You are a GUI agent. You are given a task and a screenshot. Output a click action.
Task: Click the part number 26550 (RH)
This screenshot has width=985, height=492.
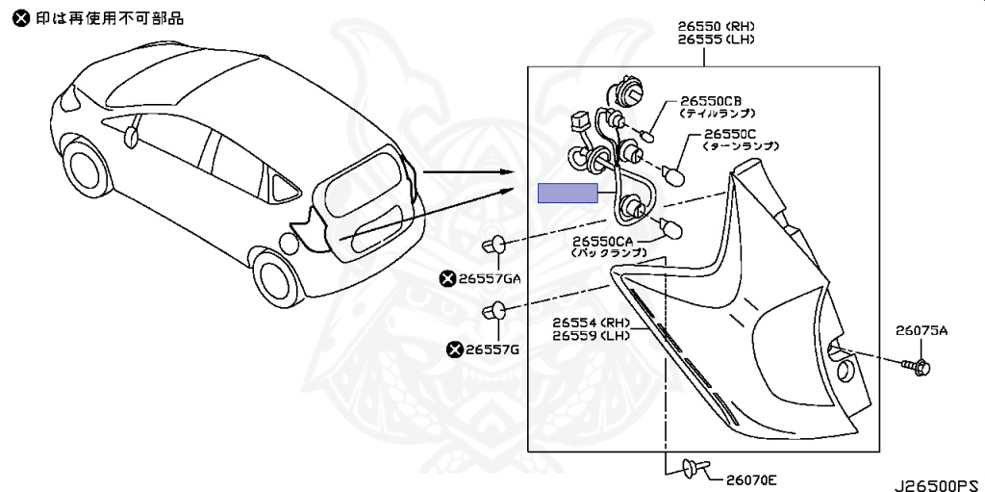[716, 26]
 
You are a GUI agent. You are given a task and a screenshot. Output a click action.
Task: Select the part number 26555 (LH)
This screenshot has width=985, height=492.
[716, 40]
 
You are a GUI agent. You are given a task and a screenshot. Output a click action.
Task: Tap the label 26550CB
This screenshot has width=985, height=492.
[711, 100]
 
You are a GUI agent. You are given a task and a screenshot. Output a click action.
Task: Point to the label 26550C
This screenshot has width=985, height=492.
[731, 134]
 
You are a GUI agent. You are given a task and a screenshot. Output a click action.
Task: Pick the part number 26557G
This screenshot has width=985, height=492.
[492, 350]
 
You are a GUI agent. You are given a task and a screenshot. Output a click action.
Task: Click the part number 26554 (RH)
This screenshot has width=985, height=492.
[591, 322]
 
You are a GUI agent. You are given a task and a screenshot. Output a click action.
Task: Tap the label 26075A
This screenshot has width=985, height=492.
[922, 330]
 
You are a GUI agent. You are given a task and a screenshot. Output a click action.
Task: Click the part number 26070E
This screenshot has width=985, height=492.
[751, 479]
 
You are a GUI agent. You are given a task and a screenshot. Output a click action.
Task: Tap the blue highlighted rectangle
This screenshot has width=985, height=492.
[568, 193]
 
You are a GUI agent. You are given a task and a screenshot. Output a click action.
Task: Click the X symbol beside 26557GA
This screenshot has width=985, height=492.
[446, 279]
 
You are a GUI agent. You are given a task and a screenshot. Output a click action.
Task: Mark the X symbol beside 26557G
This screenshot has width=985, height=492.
[454, 350]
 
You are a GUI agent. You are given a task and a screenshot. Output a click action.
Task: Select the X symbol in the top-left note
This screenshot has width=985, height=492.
[21, 17]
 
